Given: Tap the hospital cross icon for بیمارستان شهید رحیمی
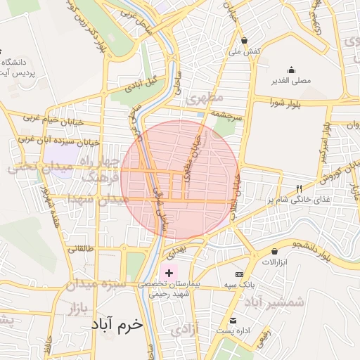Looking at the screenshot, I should pos(169,272).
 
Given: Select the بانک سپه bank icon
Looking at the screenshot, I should pos(240,274).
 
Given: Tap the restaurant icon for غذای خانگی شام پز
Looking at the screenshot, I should pos(298,188).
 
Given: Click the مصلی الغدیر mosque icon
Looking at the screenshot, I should pos(292,70).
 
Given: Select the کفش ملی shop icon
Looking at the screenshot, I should pos(244,40).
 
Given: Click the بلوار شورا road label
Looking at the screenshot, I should pos(284,103).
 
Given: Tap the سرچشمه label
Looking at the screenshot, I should pos(227,117).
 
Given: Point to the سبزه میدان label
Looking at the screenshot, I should pos(96,285).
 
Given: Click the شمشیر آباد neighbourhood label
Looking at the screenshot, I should pos(275,302).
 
